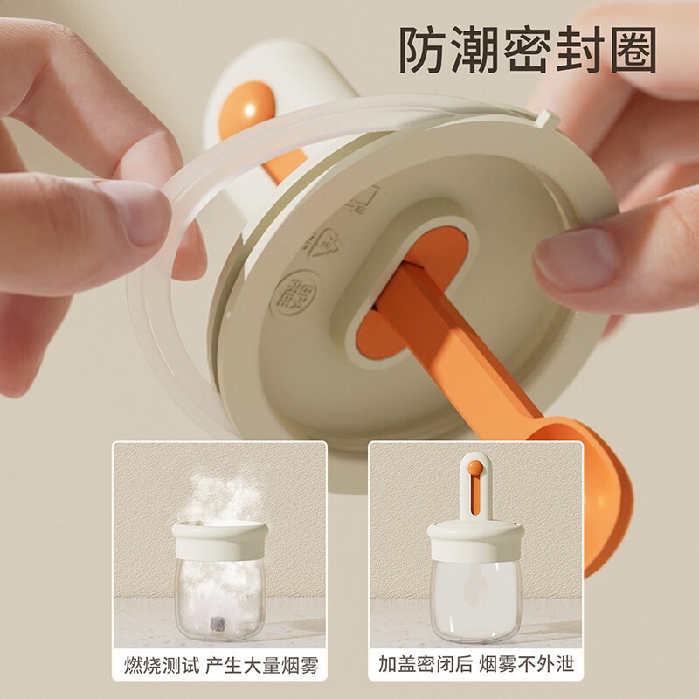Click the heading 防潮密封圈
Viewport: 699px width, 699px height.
pyautogui.click(x=528, y=50)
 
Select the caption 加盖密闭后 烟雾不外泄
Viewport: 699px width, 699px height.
pyautogui.click(x=476, y=664)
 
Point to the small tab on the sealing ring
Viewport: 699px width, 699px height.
pyautogui.click(x=548, y=120)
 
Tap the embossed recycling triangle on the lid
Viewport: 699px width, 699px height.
pyautogui.click(x=322, y=244)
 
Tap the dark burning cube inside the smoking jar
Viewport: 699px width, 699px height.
pyautogui.click(x=218, y=623)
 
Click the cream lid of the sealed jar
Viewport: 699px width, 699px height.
pyautogui.click(x=475, y=542)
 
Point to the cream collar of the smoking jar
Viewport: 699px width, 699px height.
pyautogui.click(x=220, y=542)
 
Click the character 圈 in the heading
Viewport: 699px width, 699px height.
pyautogui.click(x=633, y=50)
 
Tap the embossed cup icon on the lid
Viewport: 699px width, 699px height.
pyautogui.click(x=364, y=199)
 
